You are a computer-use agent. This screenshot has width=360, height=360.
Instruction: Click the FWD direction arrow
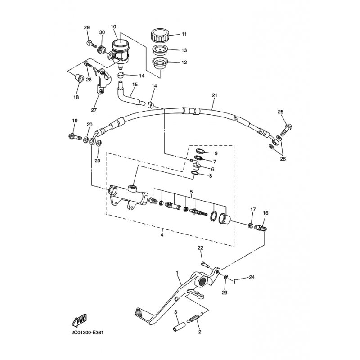[79, 320]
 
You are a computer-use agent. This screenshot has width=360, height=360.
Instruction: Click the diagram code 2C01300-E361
[87, 333]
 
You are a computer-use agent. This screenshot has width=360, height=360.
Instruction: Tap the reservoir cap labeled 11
[160, 35]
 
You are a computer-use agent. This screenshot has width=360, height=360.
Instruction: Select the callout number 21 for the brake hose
[215, 95]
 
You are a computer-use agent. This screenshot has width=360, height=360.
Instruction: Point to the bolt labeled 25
[286, 130]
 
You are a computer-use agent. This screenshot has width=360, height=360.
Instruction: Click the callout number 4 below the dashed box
[162, 235]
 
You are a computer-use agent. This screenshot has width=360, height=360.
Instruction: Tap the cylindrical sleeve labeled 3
[179, 327]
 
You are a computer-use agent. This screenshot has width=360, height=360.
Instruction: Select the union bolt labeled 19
[75, 137]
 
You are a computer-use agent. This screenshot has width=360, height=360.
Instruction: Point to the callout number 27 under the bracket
[94, 110]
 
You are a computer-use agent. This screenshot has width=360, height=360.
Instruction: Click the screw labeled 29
[92, 44]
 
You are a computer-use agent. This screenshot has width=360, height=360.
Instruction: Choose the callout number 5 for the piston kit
[191, 192]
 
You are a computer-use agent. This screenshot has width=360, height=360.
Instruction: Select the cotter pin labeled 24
[235, 280]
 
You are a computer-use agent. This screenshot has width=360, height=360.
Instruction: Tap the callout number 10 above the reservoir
[113, 27]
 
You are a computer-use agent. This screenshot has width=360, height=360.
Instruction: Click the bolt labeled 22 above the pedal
[205, 265]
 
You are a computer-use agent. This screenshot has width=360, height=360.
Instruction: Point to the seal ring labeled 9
[200, 151]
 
